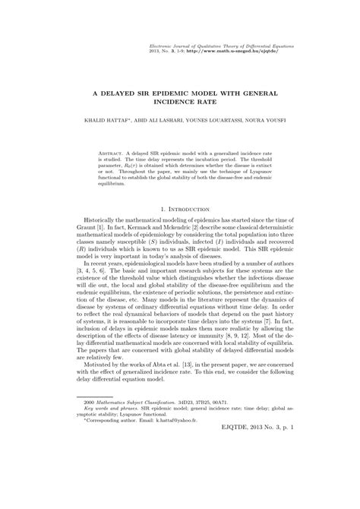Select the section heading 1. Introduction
pos(179,207)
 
